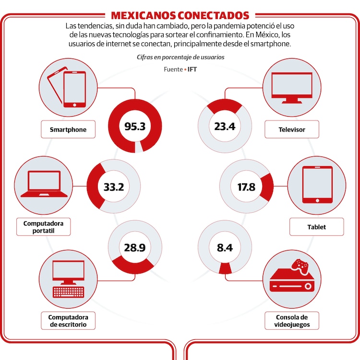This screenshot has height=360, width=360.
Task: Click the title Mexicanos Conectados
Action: coord(180,15)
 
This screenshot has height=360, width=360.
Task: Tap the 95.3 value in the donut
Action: coord(134,126)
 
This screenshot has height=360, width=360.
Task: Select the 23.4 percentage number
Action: coord(224,126)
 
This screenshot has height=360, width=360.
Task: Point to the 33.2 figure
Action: coord(114,187)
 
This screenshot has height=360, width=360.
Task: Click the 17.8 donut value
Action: coord(246,187)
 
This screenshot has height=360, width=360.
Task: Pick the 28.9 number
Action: coord(134,248)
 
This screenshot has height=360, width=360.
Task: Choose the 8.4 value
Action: coord(224,248)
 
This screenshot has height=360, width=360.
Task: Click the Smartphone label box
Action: coord(67,130)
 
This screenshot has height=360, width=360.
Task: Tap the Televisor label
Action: coord(291,130)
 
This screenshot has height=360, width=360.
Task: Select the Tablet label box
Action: coord(316,227)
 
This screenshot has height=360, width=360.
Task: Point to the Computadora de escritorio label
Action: coord(68,321)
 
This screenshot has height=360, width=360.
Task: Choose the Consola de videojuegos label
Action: coord(291,321)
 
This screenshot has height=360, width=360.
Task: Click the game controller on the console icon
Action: coord(301,265)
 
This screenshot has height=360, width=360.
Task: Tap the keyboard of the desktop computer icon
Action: coord(68,291)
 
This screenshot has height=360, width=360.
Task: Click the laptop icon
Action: coord(44,184)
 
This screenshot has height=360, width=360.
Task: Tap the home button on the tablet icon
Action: coord(317,198)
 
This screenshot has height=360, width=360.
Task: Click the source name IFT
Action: coord(192,70)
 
